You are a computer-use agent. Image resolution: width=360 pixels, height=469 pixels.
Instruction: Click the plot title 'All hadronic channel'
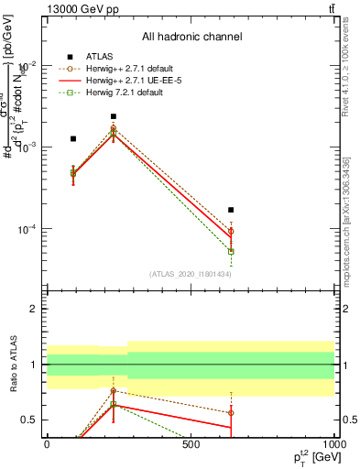pyautogui.click(x=191, y=38)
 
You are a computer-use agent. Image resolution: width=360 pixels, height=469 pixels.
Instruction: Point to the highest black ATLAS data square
pyautogui.click(x=113, y=117)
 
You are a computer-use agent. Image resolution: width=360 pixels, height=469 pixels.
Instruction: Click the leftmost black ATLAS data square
pyautogui.click(x=73, y=139)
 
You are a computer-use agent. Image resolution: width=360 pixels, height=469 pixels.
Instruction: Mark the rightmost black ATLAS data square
pyautogui.click(x=231, y=210)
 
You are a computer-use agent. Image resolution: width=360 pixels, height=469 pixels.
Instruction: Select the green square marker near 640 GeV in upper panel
pyautogui.click(x=231, y=251)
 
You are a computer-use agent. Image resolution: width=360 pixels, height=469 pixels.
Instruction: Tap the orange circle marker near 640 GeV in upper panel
pyautogui.click(x=231, y=232)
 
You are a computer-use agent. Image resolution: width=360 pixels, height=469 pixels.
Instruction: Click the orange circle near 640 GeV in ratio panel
pyautogui.click(x=231, y=412)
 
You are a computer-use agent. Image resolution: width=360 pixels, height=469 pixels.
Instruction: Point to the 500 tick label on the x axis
pyautogui.click(x=191, y=444)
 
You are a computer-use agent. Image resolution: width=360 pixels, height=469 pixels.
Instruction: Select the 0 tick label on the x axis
pyautogui.click(x=47, y=444)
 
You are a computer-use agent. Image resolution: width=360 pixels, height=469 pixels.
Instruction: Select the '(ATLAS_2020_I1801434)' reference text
pyautogui.click(x=191, y=274)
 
